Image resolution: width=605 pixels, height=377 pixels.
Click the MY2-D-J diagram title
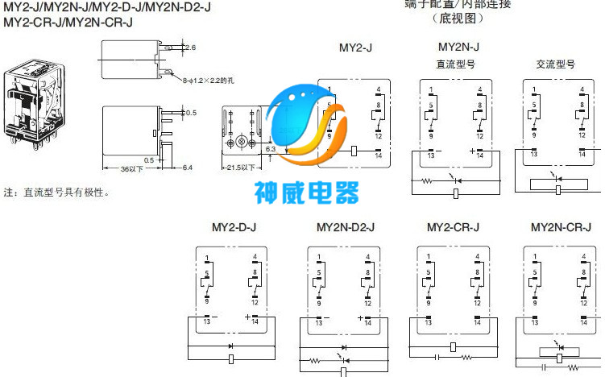click(x=234, y=227)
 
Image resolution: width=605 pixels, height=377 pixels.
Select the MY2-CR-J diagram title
click(x=453, y=227)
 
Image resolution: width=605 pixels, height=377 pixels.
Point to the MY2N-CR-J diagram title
click(x=561, y=227)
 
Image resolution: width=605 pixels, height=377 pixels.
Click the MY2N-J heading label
click(x=457, y=48)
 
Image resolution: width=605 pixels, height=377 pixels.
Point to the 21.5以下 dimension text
click(x=240, y=168)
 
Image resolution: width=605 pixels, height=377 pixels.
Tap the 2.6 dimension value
click(x=190, y=48)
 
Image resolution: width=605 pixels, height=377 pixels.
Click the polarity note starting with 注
click(x=56, y=193)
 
